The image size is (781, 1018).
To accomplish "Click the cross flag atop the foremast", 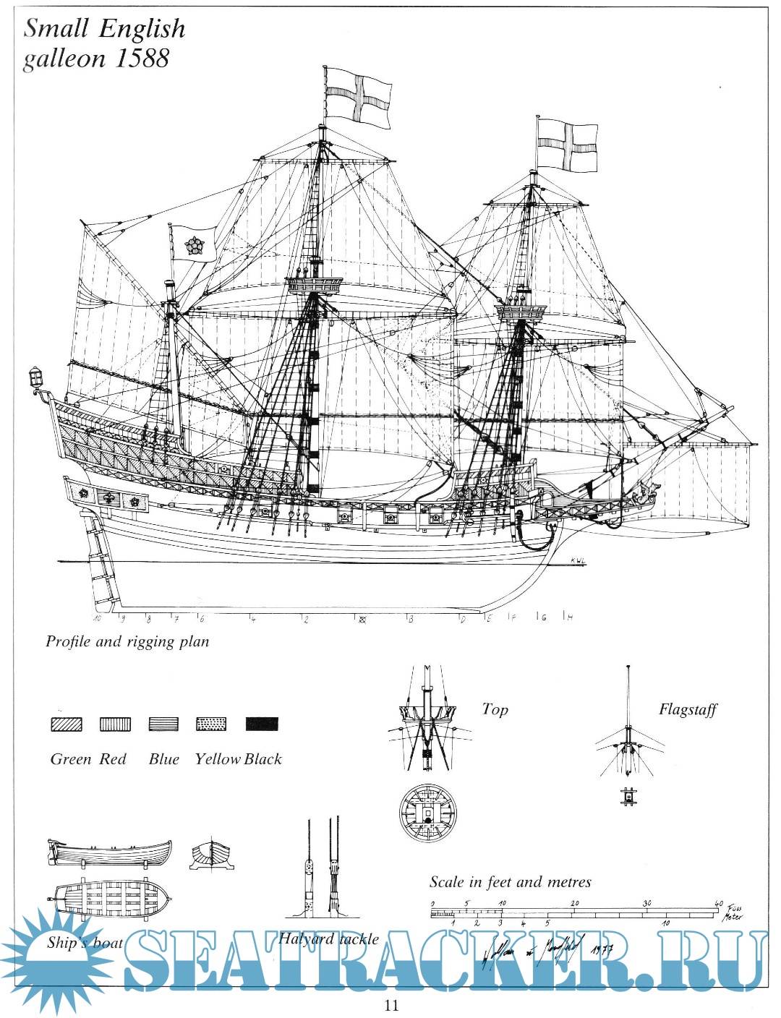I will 568,145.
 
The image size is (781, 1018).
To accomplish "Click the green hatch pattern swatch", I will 67,724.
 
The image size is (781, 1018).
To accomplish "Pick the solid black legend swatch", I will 262,724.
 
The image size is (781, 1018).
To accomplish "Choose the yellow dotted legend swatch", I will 211,724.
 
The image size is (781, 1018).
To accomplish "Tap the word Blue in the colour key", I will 164,759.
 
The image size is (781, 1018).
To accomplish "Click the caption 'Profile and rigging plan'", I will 127,641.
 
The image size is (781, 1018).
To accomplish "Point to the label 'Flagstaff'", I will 687,709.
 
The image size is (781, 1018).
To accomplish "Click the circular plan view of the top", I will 428,812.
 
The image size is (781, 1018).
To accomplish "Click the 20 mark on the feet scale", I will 575,903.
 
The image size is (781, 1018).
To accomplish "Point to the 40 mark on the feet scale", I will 718,903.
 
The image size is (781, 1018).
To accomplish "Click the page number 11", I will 391,1005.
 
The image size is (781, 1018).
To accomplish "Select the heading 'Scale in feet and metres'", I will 510,882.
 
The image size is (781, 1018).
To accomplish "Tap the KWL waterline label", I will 576,560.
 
